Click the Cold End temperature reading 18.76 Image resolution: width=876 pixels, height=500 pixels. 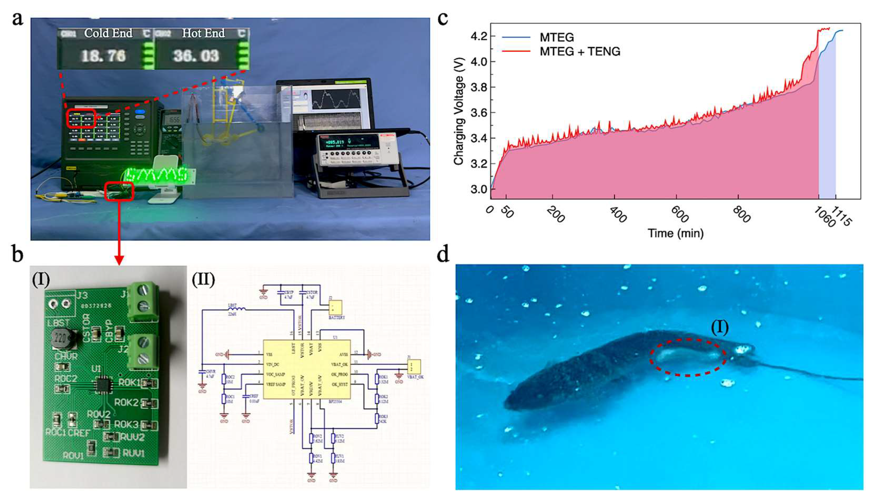(104, 56)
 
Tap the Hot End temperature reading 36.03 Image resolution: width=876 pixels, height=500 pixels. (196, 56)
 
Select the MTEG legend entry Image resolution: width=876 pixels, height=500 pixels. (556, 37)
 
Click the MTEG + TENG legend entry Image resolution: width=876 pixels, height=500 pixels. (580, 52)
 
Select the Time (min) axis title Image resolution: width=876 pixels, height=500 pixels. (675, 233)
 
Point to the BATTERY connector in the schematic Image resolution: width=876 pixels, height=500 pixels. (335, 307)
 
